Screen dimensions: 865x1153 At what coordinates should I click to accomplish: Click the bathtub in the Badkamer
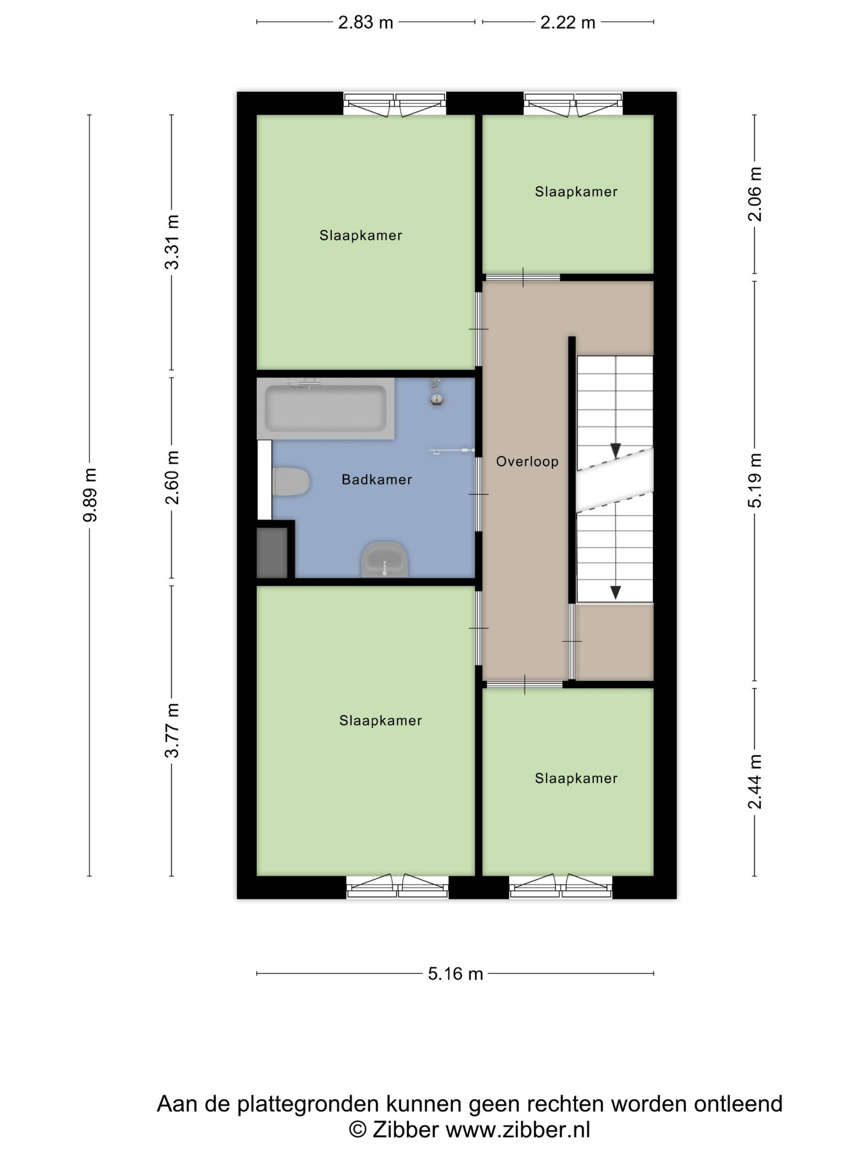[x=325, y=409]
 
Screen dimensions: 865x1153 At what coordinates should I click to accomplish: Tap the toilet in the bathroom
[x=291, y=481]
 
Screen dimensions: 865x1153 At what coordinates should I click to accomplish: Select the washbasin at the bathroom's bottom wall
[x=385, y=559]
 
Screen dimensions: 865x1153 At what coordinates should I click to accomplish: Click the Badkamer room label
[x=377, y=480]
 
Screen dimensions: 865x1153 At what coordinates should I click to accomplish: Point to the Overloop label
[x=527, y=461]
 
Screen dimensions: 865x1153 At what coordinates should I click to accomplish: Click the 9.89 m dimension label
[x=90, y=494]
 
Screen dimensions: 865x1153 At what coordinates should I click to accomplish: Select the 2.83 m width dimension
[x=365, y=23]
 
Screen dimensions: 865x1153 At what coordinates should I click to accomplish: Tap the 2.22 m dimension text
[x=568, y=23]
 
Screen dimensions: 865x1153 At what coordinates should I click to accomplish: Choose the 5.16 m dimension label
[x=455, y=974]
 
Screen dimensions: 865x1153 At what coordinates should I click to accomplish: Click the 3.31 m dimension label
[x=172, y=242]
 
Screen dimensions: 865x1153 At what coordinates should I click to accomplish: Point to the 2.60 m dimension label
[x=172, y=477]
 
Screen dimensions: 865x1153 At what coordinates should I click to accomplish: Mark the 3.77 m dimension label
[x=172, y=730]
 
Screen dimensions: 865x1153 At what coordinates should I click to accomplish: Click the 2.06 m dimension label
[x=755, y=194]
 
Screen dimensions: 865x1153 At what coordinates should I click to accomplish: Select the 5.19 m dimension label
[x=755, y=480]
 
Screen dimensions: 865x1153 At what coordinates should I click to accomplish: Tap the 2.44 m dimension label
[x=755, y=781]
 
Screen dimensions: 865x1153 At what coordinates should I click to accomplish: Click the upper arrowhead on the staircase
[x=616, y=450]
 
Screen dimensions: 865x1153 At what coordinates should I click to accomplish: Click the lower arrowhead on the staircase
[x=616, y=592]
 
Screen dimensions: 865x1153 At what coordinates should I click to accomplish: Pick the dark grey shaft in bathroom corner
[x=272, y=553]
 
